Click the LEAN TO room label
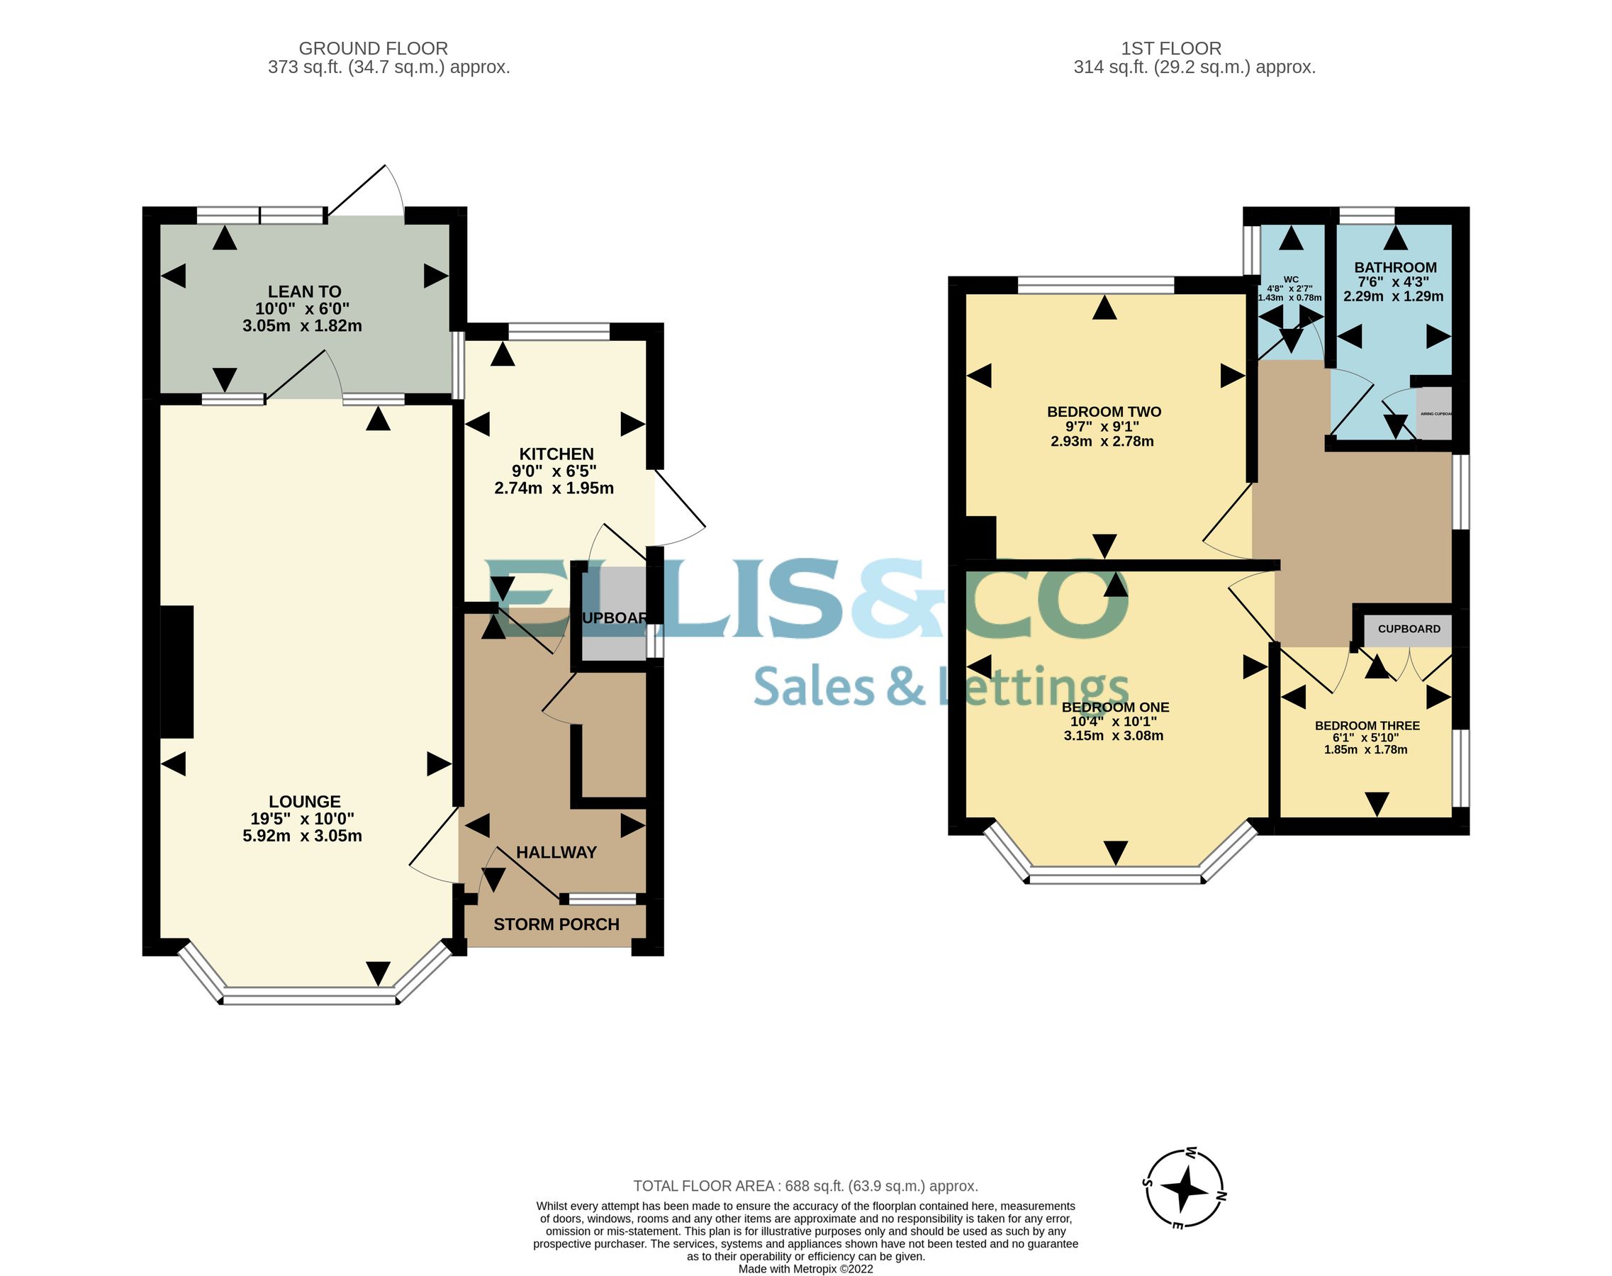[304, 292]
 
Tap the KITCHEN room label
[556, 454]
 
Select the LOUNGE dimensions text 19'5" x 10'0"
[303, 819]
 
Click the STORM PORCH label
[556, 925]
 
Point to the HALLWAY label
[556, 852]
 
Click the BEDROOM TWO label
[1104, 412]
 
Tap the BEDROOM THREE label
[1367, 725]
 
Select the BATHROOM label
[1395, 267]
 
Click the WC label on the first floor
[1291, 279]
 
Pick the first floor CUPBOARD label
[1409, 629]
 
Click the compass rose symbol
[1184, 1189]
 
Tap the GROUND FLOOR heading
[373, 49]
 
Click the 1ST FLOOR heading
[1170, 49]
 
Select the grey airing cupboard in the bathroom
[1434, 413]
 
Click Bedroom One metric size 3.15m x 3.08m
[1113, 736]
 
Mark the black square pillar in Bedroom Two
[981, 537]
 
